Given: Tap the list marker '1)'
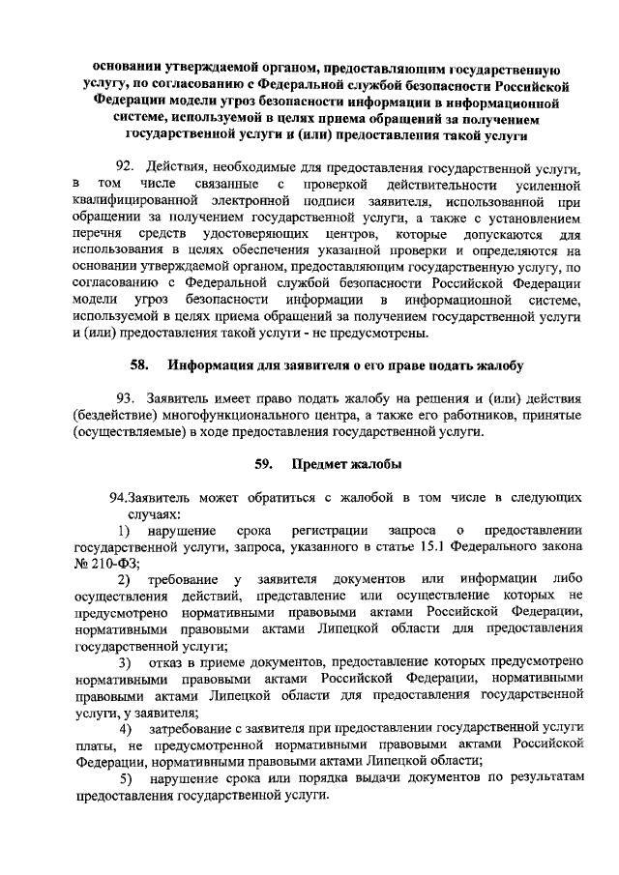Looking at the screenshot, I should point(125,530).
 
